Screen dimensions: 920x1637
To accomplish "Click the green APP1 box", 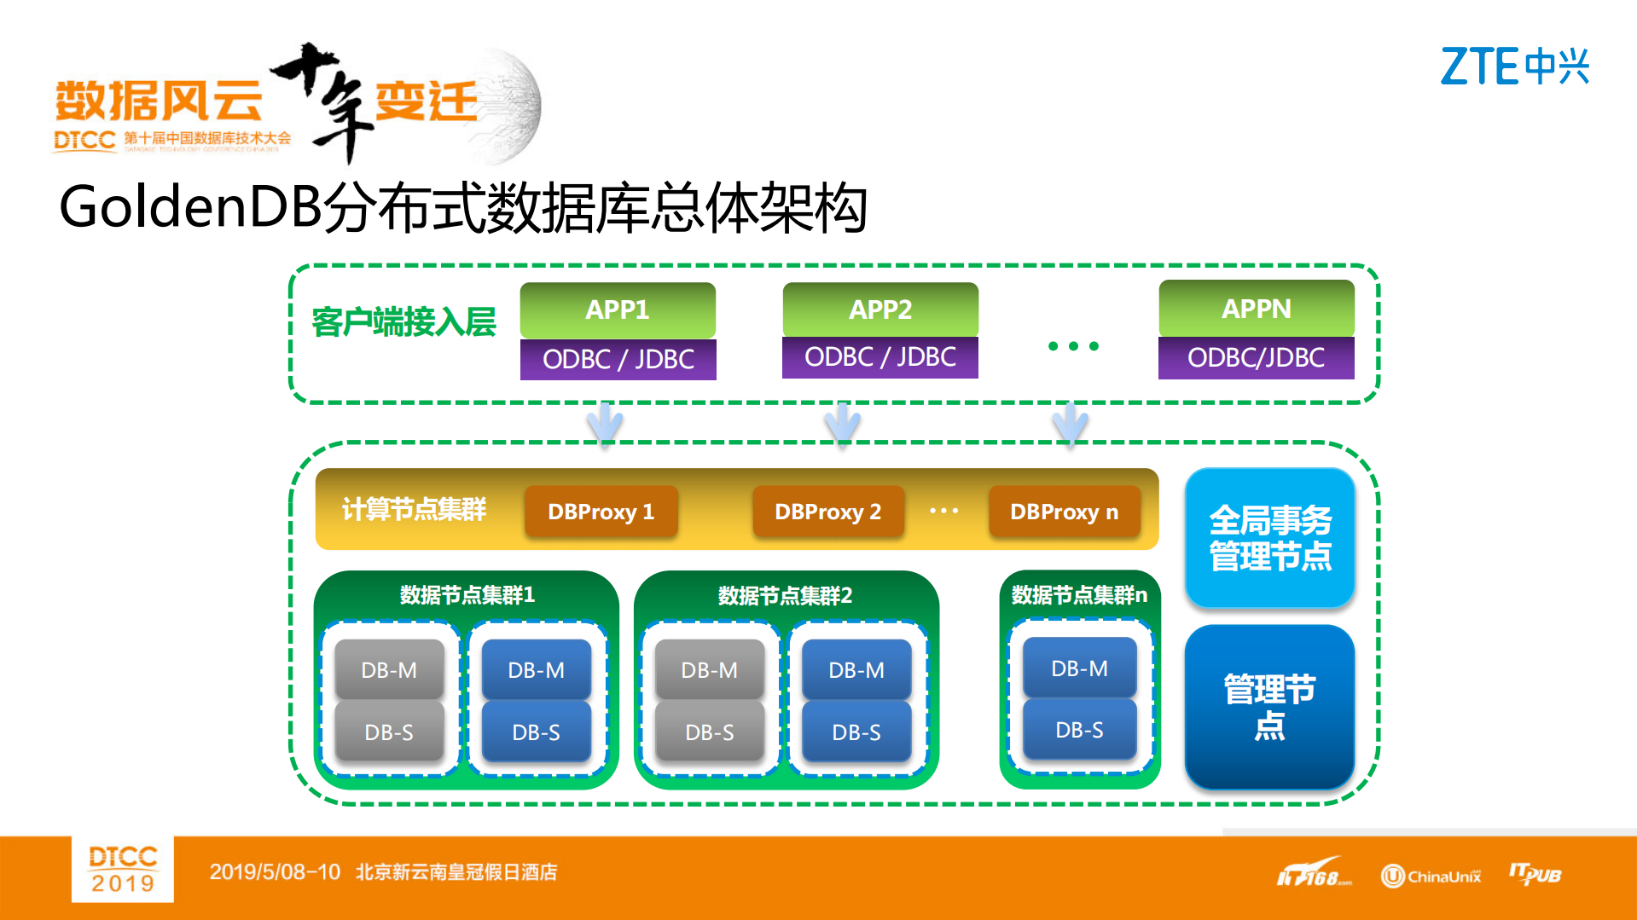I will [618, 310].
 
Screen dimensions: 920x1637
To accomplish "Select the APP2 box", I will [880, 310].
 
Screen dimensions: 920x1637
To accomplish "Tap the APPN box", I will [1256, 309].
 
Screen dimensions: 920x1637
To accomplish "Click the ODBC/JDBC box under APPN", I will [1256, 358].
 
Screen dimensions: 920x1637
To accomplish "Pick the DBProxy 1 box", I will [601, 512].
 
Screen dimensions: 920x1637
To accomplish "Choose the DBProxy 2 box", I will [827, 512].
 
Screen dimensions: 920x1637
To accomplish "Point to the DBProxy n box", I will [1064, 512].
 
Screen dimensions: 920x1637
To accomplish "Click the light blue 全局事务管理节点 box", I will [1269, 538].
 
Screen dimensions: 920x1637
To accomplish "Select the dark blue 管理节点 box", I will [1269, 707].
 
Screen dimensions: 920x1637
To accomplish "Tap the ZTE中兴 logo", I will [1514, 67].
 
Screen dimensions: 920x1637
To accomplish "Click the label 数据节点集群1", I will [467, 594].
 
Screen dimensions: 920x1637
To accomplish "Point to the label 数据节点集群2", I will [785, 595].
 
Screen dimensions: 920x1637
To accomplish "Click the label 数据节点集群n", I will [1079, 594].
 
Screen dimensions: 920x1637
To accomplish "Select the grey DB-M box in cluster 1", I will [389, 670].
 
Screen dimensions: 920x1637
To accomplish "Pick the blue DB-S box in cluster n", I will [1079, 730].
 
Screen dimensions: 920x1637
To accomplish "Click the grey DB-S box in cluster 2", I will [709, 732].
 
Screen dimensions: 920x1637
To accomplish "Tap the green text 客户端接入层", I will [403, 322].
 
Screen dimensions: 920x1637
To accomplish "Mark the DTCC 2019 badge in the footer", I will [123, 869].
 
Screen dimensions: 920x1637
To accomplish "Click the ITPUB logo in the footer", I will [1535, 875].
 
